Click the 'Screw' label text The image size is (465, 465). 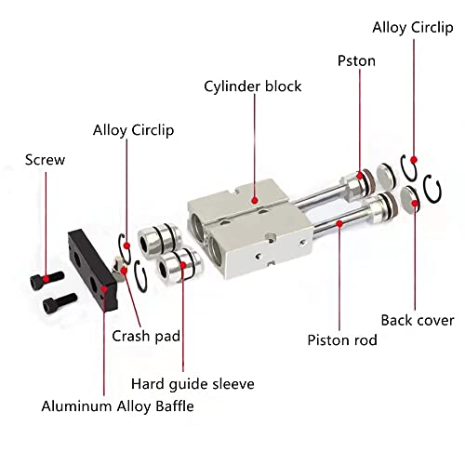(x=46, y=159)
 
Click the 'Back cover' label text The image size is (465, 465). (x=418, y=320)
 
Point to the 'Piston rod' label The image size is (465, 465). (x=342, y=339)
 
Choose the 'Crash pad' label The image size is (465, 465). (x=145, y=336)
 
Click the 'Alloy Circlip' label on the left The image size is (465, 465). (x=133, y=130)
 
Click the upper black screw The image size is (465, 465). (x=49, y=276)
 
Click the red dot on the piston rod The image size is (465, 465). (x=343, y=223)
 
